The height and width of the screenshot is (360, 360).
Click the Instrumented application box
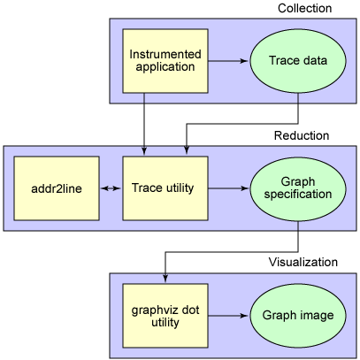click(165, 60)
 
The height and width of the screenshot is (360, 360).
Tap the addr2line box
click(56, 188)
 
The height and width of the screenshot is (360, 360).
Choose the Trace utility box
click(165, 188)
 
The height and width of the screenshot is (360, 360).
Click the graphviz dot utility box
click(165, 315)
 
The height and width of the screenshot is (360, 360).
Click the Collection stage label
click(304, 9)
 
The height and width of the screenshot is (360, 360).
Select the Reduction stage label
click(301, 136)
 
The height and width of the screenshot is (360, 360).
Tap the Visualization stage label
click(303, 263)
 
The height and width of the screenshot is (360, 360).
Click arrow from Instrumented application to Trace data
click(228, 60)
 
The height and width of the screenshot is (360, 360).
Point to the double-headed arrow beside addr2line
click(110, 188)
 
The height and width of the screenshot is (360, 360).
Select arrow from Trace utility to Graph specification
click(228, 188)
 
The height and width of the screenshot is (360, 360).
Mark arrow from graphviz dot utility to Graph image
click(228, 315)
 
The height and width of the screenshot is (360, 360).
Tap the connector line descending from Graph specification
click(298, 234)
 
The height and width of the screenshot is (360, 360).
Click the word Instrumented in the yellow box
click(165, 54)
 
